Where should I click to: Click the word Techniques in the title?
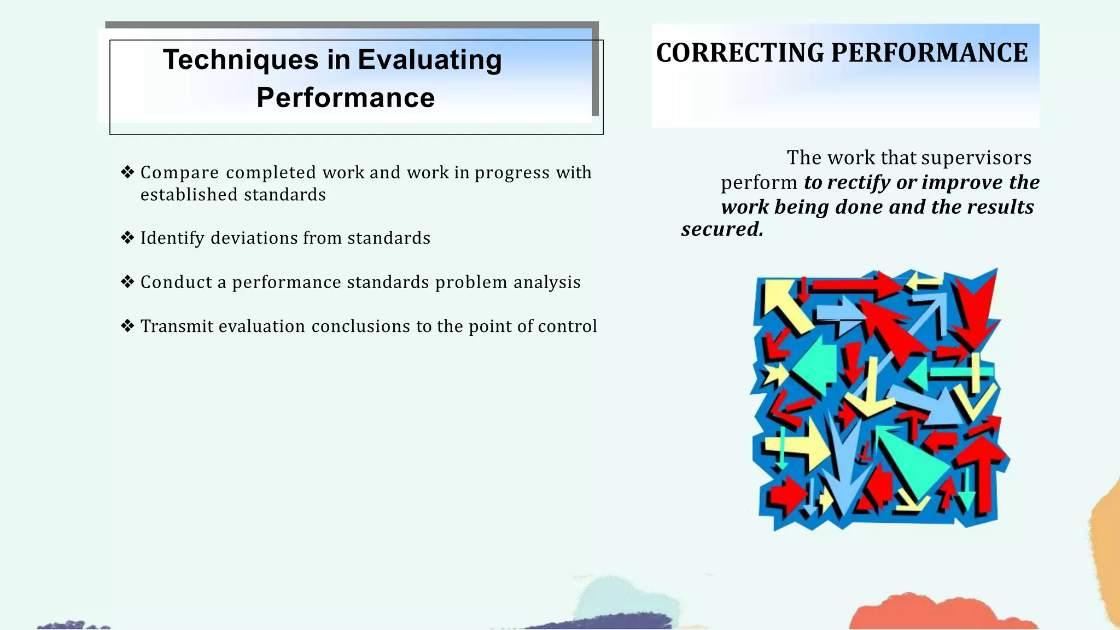(241, 60)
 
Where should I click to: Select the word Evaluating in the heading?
(429, 60)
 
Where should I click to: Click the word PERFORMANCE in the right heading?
(929, 53)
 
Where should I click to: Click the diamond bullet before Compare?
(127, 172)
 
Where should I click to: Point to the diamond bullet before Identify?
(127, 238)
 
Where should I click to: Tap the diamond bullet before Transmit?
(127, 326)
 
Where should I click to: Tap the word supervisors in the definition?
(976, 157)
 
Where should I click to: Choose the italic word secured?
(721, 229)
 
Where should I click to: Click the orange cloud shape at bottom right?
(941, 612)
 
